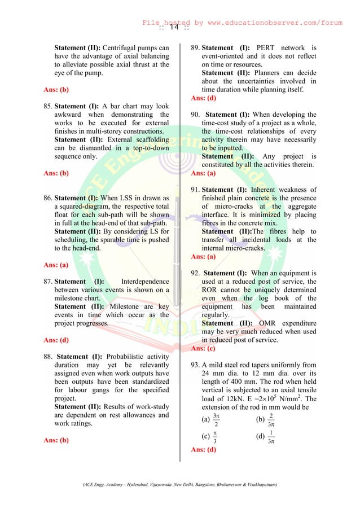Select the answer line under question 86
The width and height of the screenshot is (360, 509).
56,264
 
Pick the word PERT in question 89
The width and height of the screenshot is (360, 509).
269,47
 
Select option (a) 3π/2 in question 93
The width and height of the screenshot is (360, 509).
211,420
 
